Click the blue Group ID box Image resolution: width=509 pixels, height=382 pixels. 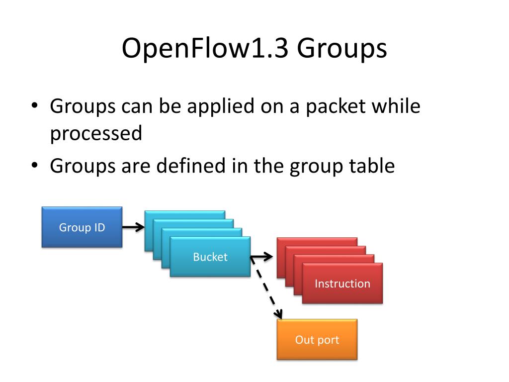click(82, 227)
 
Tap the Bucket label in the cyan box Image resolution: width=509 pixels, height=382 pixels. click(210, 257)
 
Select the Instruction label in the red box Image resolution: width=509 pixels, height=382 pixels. click(342, 284)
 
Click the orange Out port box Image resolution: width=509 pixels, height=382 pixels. click(317, 340)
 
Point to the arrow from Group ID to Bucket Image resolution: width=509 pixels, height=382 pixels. click(133, 227)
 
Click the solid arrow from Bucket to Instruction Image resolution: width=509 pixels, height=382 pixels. click(262, 257)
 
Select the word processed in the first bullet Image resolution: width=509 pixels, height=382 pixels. click(96, 133)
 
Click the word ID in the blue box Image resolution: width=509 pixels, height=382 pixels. click(99, 227)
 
